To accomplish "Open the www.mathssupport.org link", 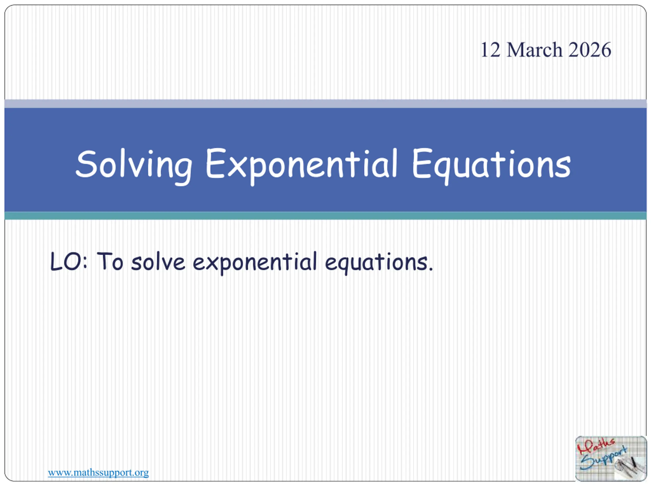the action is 98,472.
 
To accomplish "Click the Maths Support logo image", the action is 611,459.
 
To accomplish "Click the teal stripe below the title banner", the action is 325,216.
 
